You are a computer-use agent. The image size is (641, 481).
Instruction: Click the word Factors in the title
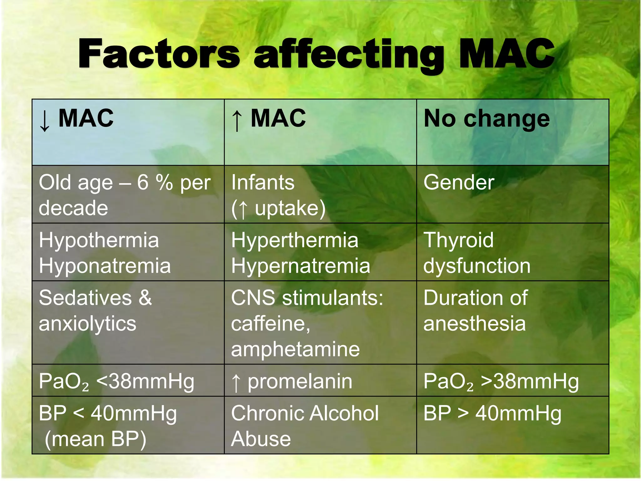159,54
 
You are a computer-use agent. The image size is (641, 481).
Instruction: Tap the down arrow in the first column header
45,121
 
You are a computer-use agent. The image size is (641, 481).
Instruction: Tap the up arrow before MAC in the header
237,121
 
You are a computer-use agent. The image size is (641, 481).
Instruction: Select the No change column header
486,119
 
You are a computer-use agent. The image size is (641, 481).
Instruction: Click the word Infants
263,182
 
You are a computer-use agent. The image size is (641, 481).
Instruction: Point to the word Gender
459,182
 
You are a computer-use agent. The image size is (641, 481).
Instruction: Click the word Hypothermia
99,240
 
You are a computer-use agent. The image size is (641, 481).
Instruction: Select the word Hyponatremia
105,266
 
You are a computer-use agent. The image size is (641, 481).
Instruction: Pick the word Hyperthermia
295,240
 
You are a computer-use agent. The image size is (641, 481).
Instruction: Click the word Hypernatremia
300,266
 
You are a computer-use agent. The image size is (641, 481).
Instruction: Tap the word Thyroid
458,240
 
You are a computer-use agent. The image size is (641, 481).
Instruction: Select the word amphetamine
295,349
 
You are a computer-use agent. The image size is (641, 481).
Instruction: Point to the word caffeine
270,323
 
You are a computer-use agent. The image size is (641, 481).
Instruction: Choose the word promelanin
300,381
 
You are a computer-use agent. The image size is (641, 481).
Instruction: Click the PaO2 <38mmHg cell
116,381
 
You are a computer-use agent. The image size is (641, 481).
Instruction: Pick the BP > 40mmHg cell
492,413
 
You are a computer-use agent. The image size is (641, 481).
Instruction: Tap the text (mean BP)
95,439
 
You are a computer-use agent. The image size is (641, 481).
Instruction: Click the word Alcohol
345,413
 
